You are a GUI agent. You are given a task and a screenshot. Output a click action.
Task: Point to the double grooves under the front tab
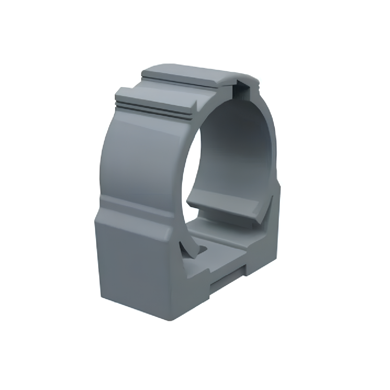point(152,110)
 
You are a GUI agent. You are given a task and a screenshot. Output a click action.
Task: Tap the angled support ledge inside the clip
point(224,209)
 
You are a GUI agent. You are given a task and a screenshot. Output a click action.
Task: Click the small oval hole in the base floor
point(203,249)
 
